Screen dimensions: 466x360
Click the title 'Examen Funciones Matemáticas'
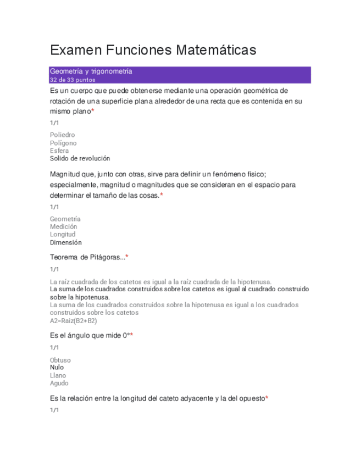153,51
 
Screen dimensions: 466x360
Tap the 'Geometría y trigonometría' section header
91,71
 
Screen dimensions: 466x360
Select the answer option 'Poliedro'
62,135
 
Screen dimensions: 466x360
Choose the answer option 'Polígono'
63,143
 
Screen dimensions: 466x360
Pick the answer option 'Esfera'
59,151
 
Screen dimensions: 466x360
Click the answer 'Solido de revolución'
80,158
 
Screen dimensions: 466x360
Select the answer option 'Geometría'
65,219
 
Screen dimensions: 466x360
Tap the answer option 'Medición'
63,226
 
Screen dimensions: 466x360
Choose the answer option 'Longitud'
63,234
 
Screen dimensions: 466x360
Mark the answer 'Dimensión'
65,242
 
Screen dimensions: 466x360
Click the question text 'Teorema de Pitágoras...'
87,257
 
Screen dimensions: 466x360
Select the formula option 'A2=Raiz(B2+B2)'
73,320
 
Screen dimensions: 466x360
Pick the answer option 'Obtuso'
60,360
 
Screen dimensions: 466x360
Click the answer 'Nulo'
57,368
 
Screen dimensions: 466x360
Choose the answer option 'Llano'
58,376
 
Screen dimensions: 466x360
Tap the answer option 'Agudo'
59,384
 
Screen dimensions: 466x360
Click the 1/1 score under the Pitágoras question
54,269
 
